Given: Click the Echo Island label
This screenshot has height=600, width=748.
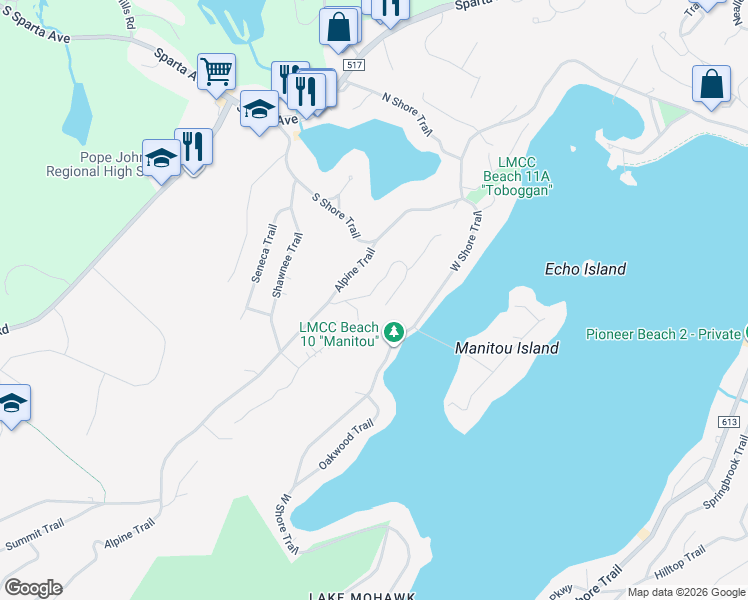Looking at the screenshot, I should pyautogui.click(x=585, y=269).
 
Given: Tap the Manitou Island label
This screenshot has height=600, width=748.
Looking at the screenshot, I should pyautogui.click(x=506, y=349).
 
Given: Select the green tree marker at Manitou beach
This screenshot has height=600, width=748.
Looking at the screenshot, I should pyautogui.click(x=395, y=331).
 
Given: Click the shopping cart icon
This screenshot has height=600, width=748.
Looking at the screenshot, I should pyautogui.click(x=216, y=72).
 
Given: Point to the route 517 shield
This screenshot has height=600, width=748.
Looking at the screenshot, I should pyautogui.click(x=351, y=65).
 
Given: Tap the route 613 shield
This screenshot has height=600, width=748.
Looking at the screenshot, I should pyautogui.click(x=732, y=423).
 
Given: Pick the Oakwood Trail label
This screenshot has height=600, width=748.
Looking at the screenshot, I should pyautogui.click(x=345, y=445).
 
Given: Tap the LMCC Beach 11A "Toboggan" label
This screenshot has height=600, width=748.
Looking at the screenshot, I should pyautogui.click(x=517, y=176).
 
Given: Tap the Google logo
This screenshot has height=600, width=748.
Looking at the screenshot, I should pyautogui.click(x=33, y=588).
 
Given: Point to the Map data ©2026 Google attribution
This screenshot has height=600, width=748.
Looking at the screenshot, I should pyautogui.click(x=685, y=592).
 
